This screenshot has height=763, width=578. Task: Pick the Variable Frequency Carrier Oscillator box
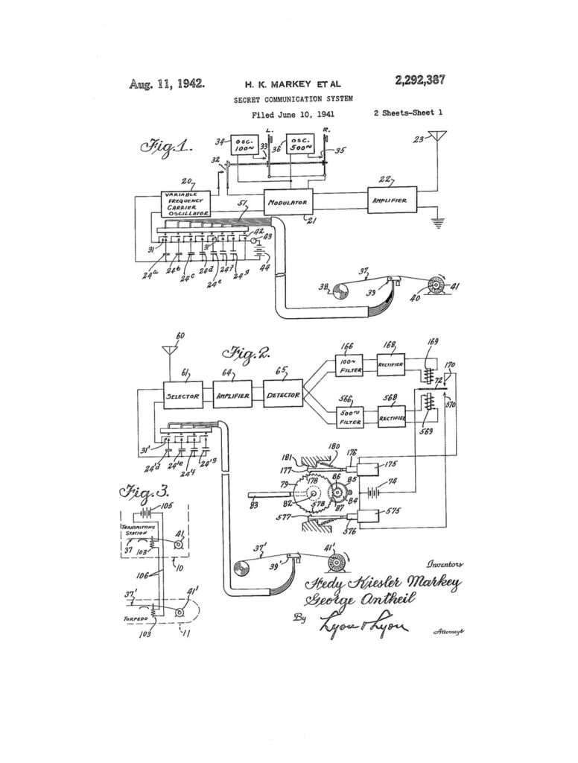point(186,203)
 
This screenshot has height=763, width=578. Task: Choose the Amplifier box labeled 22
point(393,200)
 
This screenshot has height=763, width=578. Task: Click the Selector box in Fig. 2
point(183,396)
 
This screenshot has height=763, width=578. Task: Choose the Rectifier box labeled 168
point(392,365)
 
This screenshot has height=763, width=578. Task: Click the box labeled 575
point(375,515)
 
